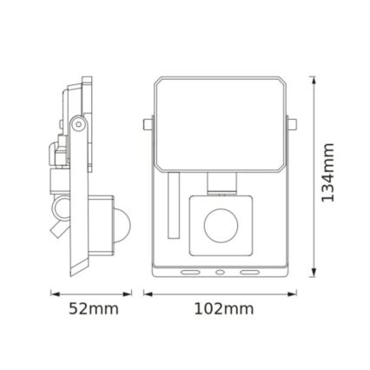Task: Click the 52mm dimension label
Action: pos(93,308)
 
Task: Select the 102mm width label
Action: pos(223,308)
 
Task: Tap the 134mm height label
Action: pos(328,180)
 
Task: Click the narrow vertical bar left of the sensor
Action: pos(175,207)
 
